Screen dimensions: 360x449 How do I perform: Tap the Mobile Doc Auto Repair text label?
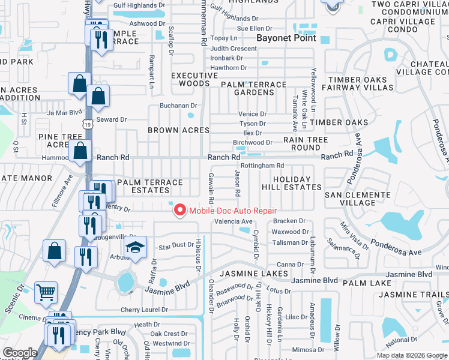[x=233, y=211]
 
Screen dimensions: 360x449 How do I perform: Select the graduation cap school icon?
[x=136, y=248]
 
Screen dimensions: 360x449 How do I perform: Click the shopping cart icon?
[x=46, y=292]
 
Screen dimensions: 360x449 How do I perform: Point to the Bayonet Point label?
[x=281, y=38]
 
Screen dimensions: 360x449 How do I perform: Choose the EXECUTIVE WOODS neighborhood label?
[x=194, y=79]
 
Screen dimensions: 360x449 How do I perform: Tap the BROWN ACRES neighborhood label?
[x=179, y=130]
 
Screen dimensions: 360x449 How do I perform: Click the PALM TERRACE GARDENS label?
[x=254, y=89]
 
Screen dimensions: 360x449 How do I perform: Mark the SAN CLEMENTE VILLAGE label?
[x=357, y=199]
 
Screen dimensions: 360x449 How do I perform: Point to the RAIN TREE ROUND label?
[x=306, y=143]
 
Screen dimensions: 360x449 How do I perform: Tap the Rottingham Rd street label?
[x=262, y=166]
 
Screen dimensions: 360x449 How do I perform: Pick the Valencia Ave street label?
[x=234, y=221]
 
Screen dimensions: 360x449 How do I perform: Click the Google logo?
[x=20, y=353]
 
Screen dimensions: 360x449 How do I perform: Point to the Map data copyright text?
[x=411, y=355]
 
